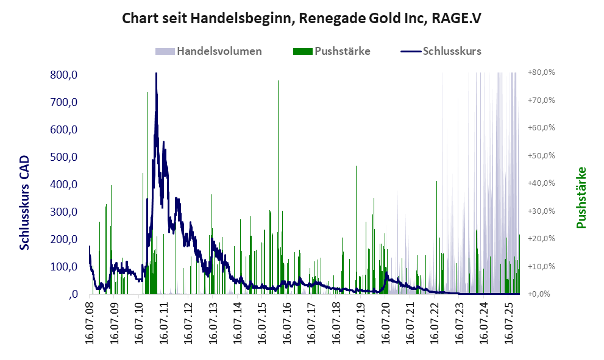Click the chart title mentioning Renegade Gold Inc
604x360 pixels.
click(302, 18)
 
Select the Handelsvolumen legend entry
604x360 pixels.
click(219, 51)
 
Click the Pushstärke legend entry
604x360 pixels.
click(341, 51)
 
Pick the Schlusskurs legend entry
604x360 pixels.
click(452, 51)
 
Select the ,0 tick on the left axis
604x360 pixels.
click(72, 295)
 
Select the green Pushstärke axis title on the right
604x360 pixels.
click(581, 197)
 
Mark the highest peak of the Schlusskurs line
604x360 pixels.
click(156, 74)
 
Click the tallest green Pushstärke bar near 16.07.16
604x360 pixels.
click(278, 80)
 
